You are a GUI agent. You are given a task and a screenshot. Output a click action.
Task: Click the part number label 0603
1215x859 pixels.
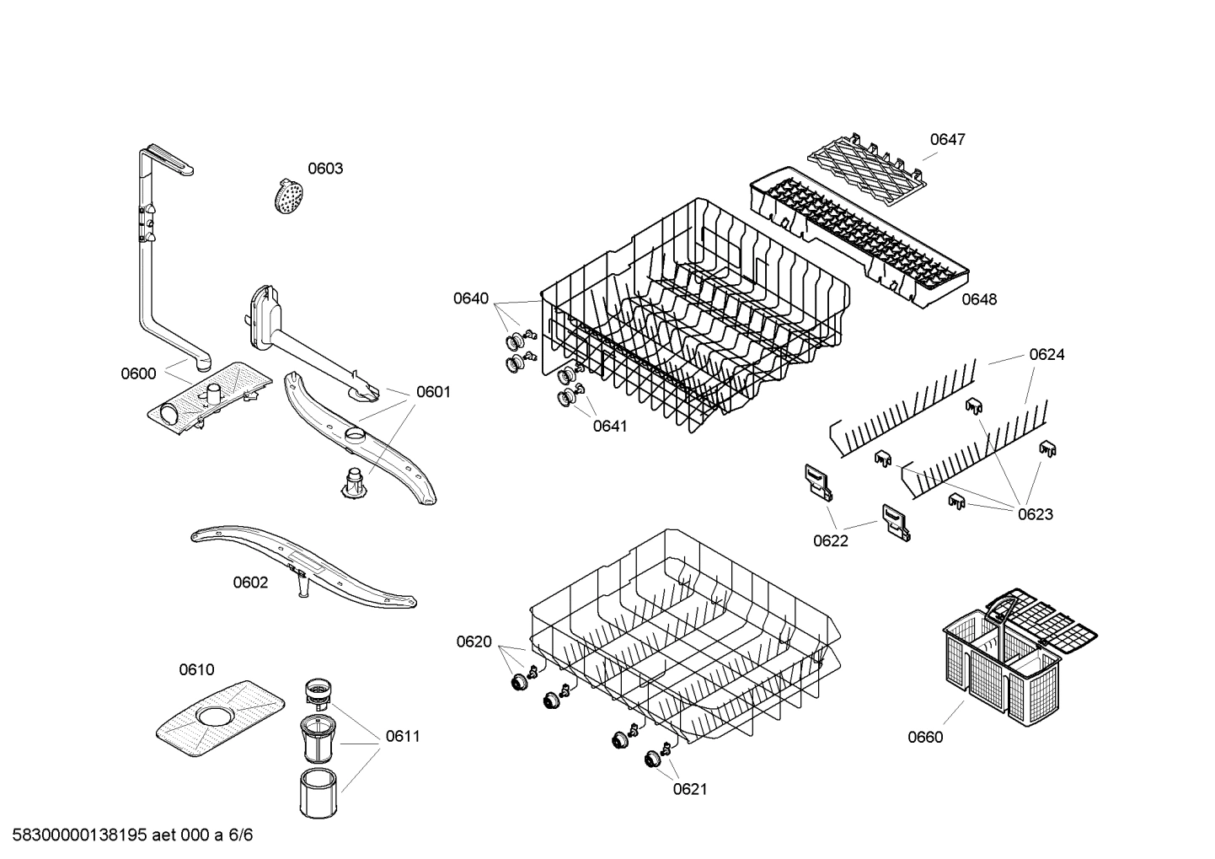coord(324,169)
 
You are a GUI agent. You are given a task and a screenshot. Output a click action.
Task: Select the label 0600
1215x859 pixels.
coord(138,373)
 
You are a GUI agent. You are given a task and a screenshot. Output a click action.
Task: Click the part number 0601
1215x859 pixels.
coord(433,392)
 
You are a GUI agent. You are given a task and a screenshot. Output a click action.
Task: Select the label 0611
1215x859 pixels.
coord(403,736)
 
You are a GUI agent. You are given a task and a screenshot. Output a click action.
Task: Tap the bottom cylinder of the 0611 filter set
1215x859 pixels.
coord(318,792)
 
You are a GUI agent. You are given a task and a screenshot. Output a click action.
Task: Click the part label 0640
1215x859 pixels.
coord(471,298)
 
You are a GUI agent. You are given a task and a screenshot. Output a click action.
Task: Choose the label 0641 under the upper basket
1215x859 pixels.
coord(610,426)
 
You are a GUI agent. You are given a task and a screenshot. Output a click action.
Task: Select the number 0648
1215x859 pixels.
coord(979,299)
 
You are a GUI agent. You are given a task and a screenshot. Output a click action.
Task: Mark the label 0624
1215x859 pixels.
coord(1046,355)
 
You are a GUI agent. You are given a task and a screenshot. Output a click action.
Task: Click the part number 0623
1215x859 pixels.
coord(1035,514)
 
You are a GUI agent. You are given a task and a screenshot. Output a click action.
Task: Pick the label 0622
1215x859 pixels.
coord(831,541)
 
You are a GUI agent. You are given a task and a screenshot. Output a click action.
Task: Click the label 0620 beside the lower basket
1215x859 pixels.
coord(474,642)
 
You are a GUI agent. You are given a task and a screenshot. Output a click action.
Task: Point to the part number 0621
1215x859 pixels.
coord(690,789)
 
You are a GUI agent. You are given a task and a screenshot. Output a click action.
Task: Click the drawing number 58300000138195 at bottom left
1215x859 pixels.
coord(78,835)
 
